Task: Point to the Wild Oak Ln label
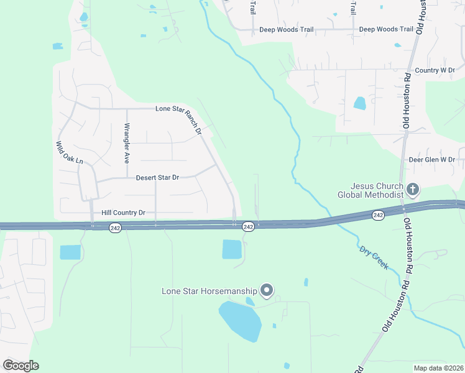(x=69, y=153)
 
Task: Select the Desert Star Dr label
(x=157, y=178)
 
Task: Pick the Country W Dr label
(x=435, y=71)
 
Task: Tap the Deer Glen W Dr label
(x=431, y=160)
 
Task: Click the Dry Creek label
(x=373, y=257)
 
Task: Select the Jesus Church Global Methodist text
(x=369, y=190)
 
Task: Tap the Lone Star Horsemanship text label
(x=209, y=290)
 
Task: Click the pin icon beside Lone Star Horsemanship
(x=267, y=290)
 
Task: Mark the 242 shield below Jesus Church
(x=378, y=214)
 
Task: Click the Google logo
(x=21, y=366)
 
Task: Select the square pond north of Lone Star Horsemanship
(x=232, y=249)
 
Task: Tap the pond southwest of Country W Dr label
(x=359, y=103)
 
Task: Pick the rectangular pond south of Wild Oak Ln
(x=70, y=252)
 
